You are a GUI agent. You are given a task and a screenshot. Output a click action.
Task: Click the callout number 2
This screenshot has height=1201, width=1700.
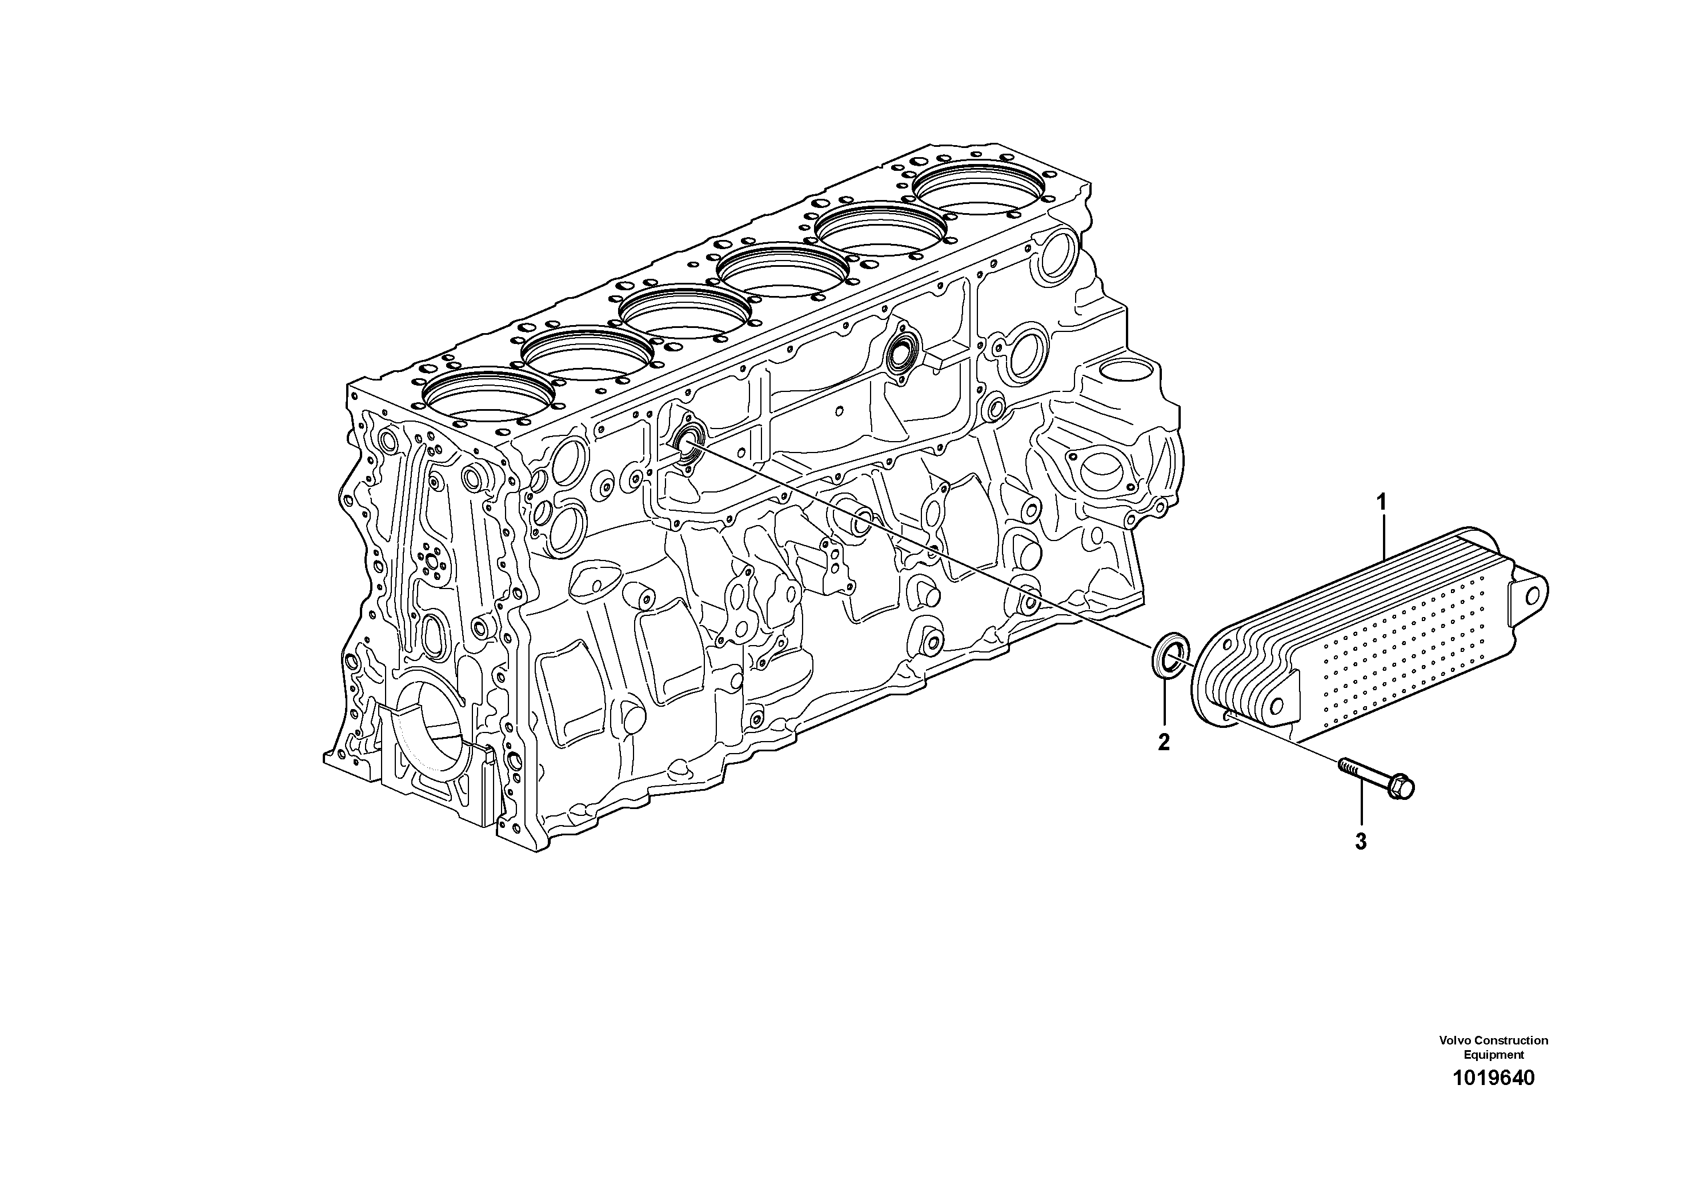point(1164,742)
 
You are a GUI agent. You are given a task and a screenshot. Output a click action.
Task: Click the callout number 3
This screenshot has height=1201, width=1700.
point(1360,841)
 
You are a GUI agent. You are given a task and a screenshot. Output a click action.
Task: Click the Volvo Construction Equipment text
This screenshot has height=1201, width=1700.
point(1493,1047)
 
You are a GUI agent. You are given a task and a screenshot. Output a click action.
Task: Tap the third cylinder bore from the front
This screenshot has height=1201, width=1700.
point(683,314)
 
